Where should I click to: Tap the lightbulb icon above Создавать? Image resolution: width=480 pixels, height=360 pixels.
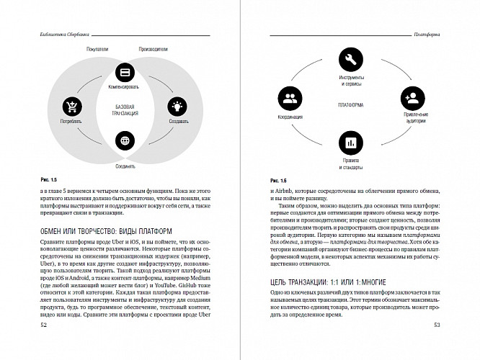[175, 107]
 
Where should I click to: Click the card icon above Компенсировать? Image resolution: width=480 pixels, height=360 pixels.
[124, 73]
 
